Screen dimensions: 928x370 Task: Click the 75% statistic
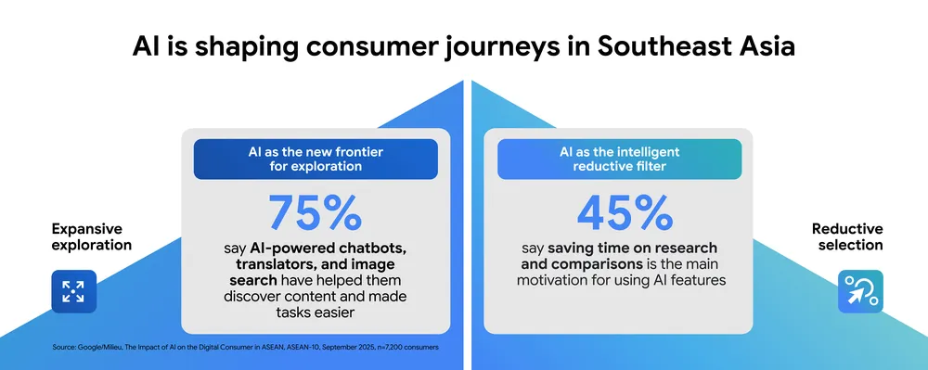coord(316,211)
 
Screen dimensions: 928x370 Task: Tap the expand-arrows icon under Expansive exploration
coord(73,291)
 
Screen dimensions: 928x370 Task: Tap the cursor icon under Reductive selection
coord(860,291)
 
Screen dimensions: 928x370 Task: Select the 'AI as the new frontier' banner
coord(316,159)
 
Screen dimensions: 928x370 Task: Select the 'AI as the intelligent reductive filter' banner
coord(619,159)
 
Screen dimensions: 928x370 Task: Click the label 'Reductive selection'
coord(847,236)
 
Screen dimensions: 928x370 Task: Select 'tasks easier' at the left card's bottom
coord(315,313)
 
